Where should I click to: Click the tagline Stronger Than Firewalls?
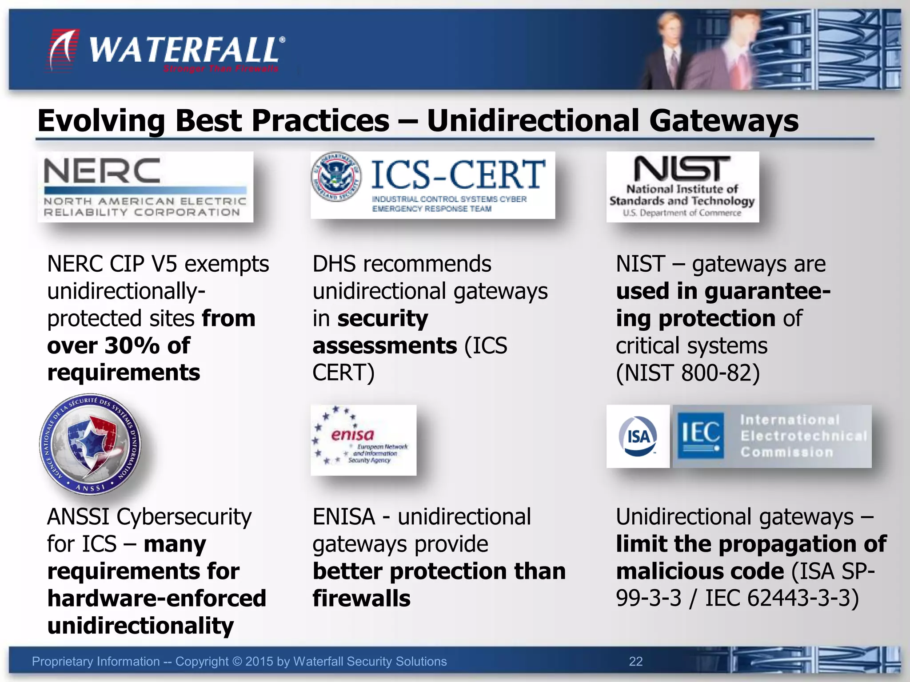(x=221, y=69)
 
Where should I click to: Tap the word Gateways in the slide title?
(x=724, y=121)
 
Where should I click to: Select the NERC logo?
(x=145, y=187)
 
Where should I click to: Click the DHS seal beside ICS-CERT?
(x=336, y=176)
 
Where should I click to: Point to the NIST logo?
(x=682, y=186)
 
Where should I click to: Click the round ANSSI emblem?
(x=90, y=444)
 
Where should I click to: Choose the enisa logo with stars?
(x=363, y=440)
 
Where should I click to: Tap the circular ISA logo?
(x=638, y=436)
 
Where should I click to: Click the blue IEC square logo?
(x=700, y=436)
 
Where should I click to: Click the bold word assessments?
(x=385, y=345)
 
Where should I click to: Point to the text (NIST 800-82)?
(x=687, y=373)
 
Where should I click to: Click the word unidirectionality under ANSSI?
(x=140, y=626)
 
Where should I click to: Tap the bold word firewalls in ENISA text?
(x=361, y=598)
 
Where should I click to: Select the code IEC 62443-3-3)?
(x=782, y=598)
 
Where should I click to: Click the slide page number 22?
(x=635, y=662)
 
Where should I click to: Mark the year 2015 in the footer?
(x=259, y=662)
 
